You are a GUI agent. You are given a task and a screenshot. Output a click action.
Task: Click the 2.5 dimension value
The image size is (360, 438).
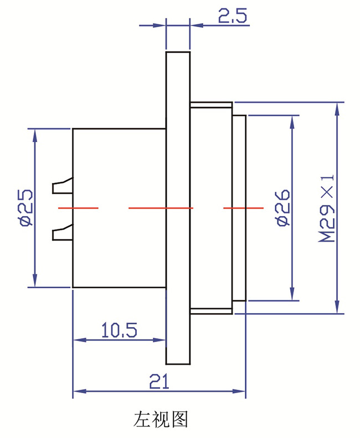pos(233,16)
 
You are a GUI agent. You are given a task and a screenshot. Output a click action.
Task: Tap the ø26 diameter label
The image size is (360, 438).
pos(282,207)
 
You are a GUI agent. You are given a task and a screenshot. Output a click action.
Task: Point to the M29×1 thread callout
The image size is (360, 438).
pos(326,208)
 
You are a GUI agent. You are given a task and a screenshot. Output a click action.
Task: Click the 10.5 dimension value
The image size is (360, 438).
pos(119,330)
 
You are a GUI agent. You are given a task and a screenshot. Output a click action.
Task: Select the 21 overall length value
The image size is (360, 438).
pos(159,381)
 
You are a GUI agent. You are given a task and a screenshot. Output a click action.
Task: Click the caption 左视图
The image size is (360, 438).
pos(161,419)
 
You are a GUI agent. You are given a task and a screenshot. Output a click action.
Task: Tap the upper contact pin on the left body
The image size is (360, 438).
pos(62,186)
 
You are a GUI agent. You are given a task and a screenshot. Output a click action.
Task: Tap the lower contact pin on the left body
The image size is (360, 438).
pos(62,233)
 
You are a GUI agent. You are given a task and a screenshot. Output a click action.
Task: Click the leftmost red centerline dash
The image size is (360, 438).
pos(78,208)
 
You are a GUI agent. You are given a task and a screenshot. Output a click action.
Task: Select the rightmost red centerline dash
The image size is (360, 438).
pos(243,208)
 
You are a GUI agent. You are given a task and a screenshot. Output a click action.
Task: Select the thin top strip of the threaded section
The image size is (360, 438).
pos(211,105)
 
